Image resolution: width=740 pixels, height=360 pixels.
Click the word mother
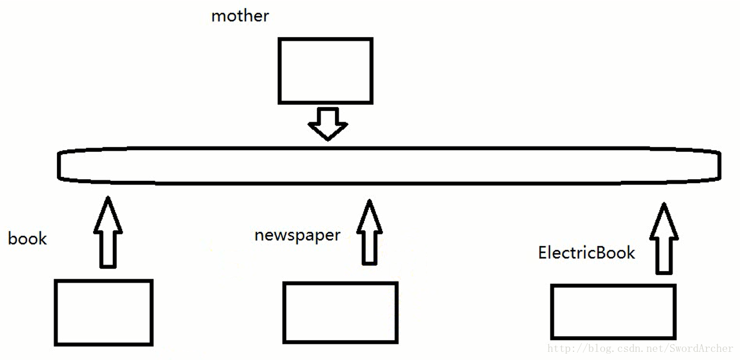click(240, 16)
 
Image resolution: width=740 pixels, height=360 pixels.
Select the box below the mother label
click(325, 38)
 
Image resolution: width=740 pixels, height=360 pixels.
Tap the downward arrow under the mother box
click(328, 123)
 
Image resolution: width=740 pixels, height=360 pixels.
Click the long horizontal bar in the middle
click(389, 148)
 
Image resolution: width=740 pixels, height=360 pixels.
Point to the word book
click(27, 238)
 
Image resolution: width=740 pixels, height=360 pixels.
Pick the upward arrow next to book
click(108, 232)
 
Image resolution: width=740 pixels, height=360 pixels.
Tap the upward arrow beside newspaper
click(369, 232)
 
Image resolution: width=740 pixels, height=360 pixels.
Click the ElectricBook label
click(587, 252)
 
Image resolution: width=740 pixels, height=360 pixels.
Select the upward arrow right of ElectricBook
click(664, 238)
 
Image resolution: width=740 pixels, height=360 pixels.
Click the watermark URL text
click(640, 348)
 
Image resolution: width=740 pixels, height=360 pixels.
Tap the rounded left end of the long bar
click(59, 165)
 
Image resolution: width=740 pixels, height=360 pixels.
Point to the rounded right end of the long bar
click(720, 165)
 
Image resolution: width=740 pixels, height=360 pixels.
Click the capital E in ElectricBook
click(543, 252)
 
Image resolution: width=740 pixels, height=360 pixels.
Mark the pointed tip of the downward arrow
click(328, 140)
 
